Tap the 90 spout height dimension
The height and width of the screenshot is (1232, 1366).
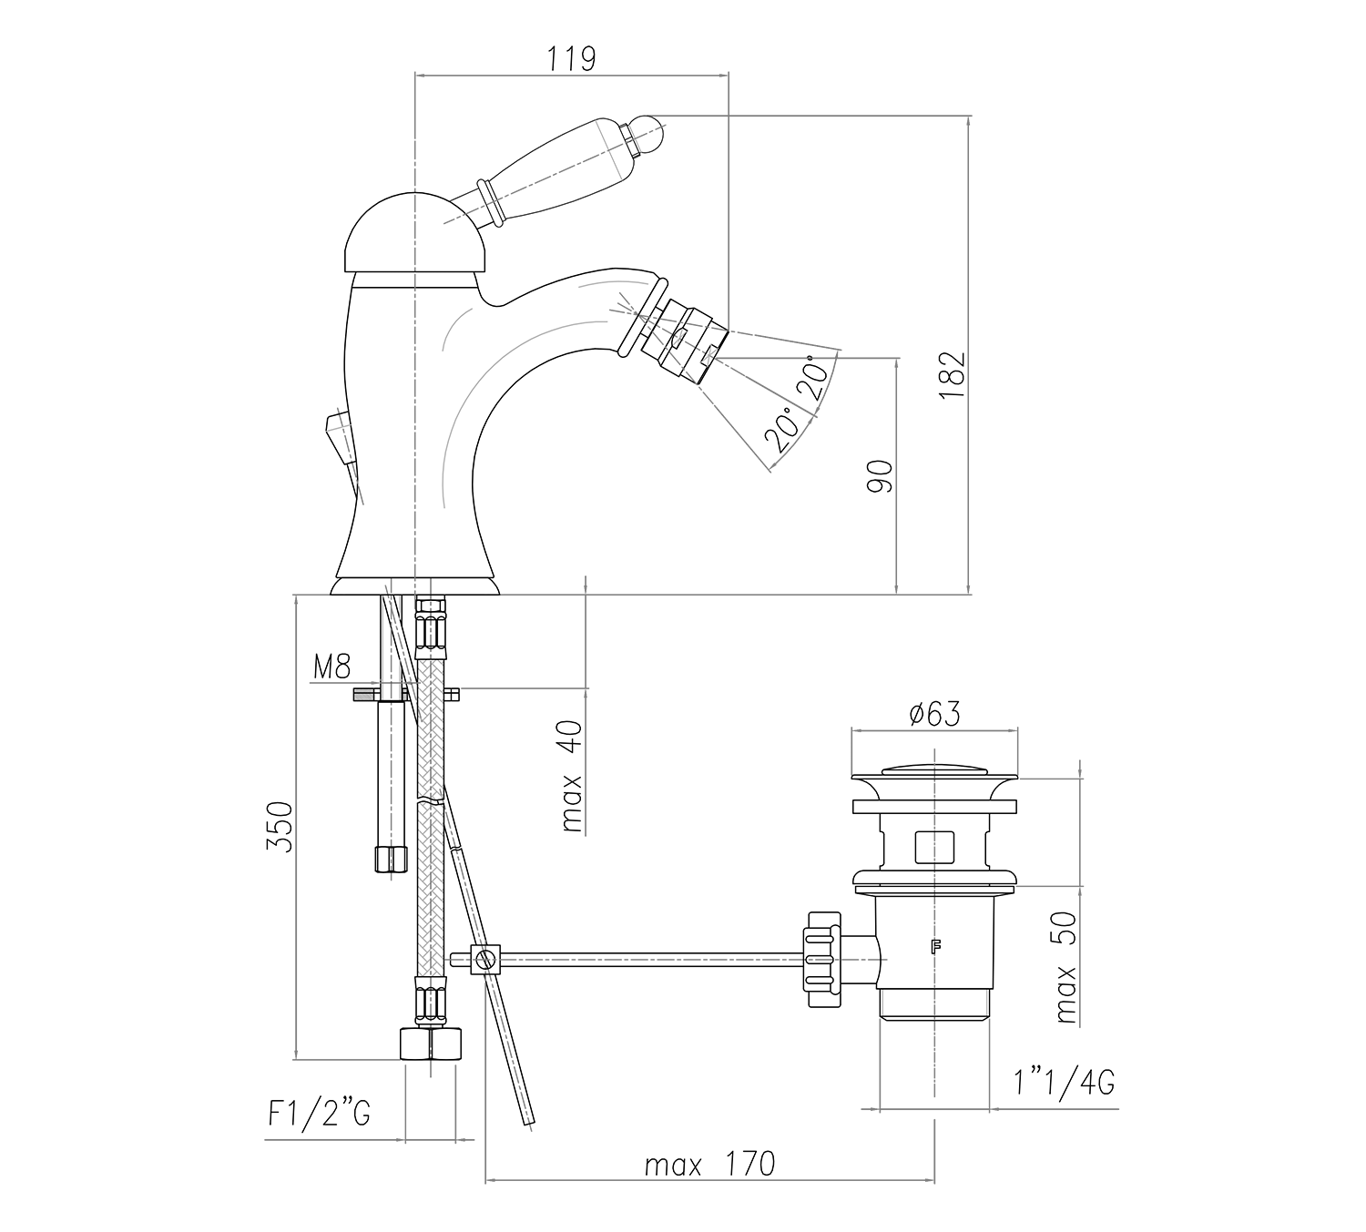click(879, 476)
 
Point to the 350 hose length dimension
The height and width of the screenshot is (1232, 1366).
click(280, 827)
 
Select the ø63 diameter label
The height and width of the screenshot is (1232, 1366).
click(935, 714)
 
